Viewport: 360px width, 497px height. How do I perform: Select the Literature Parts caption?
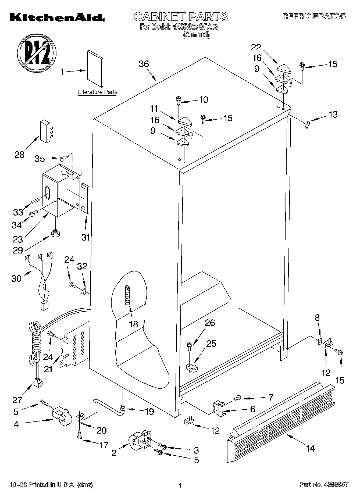coord(98,92)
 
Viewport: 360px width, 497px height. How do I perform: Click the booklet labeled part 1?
coord(95,69)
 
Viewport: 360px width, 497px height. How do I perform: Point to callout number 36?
coord(144,64)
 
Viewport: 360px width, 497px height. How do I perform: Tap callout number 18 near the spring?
coord(133,324)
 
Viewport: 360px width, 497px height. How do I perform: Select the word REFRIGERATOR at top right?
coord(315,16)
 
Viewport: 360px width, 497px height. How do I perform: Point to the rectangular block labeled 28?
coord(45,131)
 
